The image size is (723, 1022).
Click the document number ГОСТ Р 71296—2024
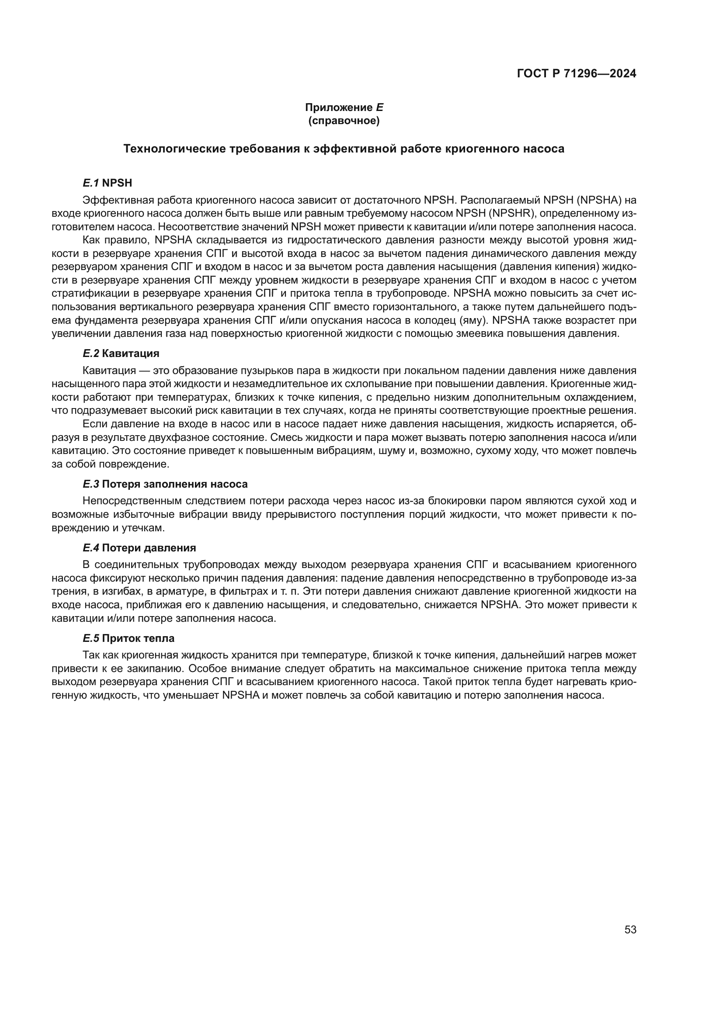(x=577, y=74)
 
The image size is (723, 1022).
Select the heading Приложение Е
(x=344, y=107)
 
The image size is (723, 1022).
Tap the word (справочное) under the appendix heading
(x=344, y=121)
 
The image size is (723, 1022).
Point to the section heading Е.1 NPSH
(x=107, y=183)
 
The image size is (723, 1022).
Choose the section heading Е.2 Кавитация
(x=121, y=353)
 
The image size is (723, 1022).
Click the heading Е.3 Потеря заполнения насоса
(x=165, y=484)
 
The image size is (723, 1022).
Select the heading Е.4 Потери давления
(x=139, y=547)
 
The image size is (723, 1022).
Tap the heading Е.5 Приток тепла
(x=128, y=638)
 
